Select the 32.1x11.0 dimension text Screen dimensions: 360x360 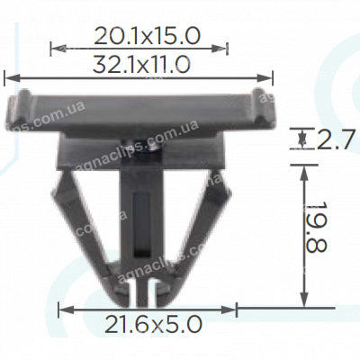click(x=140, y=64)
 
